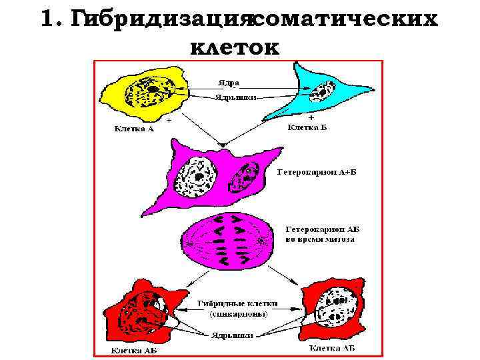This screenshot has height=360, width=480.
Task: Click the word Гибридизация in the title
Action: pos(160,20)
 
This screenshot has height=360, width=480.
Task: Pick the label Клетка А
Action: pos(132,129)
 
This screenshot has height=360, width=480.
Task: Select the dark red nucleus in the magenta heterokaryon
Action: pos(244,177)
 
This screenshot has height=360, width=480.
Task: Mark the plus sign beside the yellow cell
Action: pos(169,121)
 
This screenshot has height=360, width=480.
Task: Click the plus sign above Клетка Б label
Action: pos(310,117)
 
